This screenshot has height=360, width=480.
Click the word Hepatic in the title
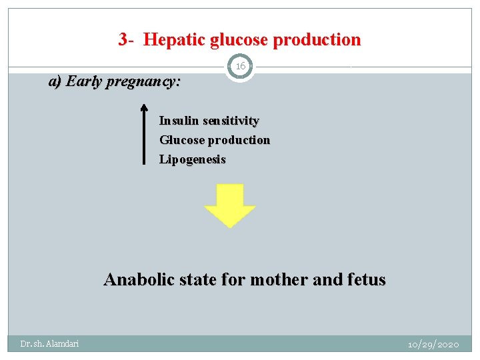[x=174, y=40]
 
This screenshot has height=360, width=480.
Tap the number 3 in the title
[x=123, y=40]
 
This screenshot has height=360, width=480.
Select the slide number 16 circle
[x=240, y=66]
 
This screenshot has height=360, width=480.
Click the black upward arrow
[x=144, y=133]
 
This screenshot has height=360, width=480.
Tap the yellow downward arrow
[x=229, y=206]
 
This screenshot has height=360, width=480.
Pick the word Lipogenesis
[x=192, y=160]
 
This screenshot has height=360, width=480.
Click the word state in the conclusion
[x=197, y=279]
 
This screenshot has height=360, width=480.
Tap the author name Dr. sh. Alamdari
[x=49, y=343]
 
